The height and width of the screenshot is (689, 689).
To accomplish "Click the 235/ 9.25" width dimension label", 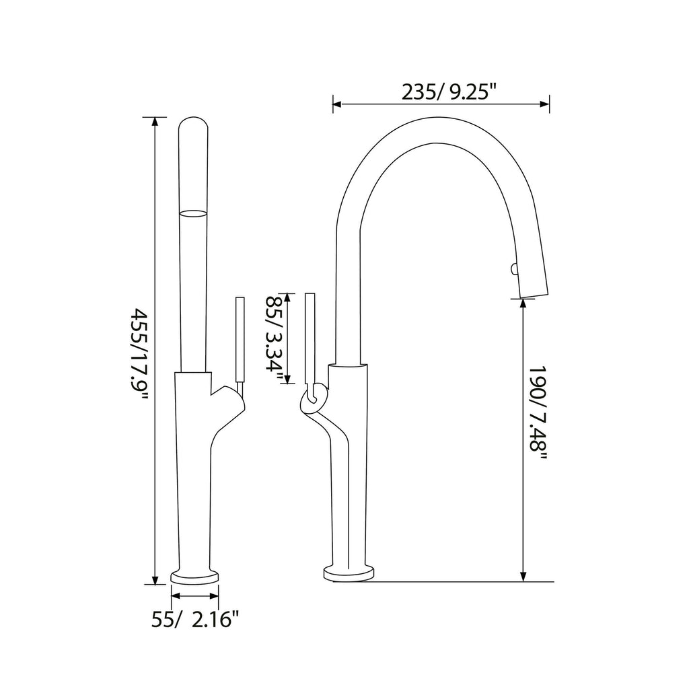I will click(x=449, y=92).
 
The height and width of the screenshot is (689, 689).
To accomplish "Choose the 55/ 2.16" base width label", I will click(x=195, y=619).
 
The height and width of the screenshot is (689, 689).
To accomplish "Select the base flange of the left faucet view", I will click(x=196, y=577).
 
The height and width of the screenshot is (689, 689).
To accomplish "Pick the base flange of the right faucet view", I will click(x=349, y=573).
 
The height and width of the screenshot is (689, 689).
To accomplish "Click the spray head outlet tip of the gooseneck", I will click(x=532, y=295).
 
